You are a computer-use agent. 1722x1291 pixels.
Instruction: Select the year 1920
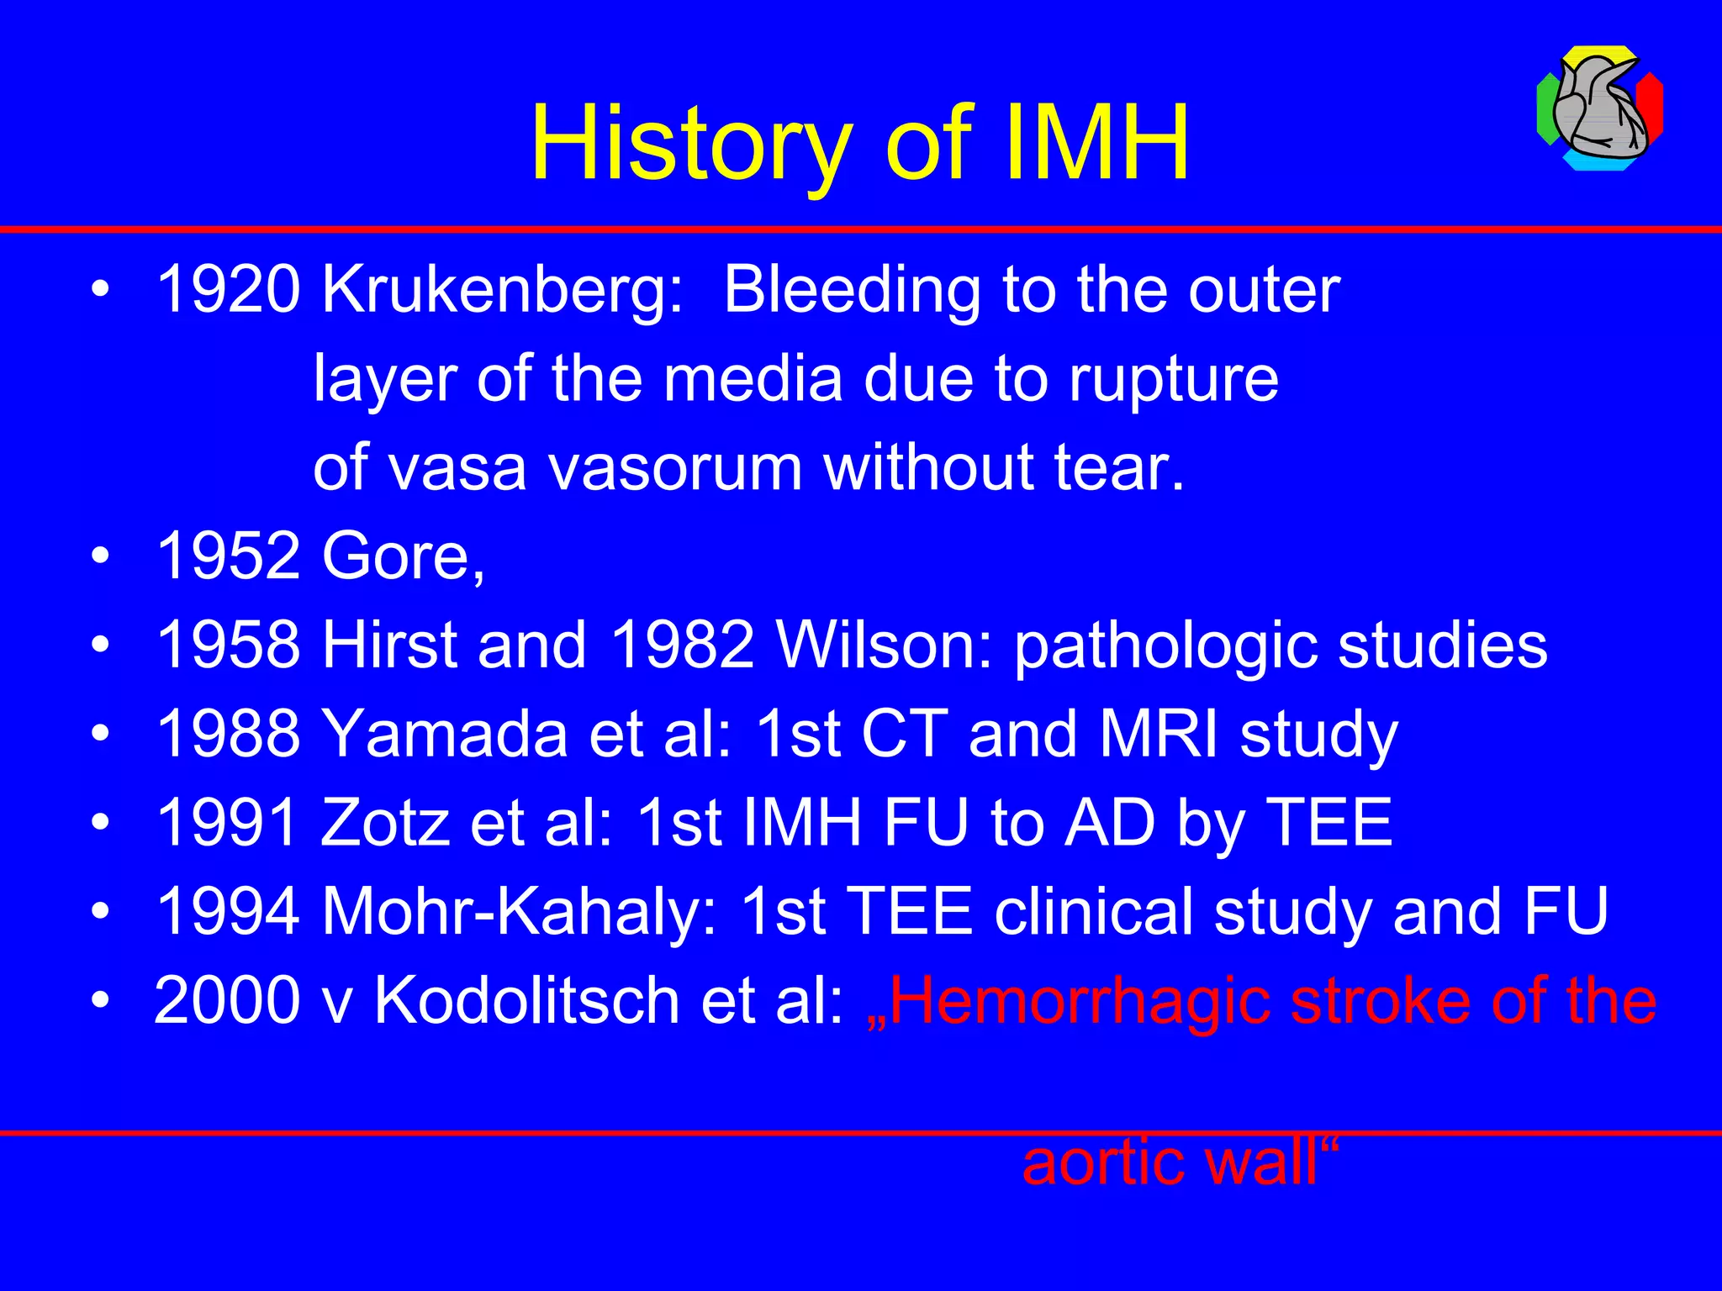[x=228, y=290]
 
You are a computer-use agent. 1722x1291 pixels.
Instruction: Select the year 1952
[x=228, y=556]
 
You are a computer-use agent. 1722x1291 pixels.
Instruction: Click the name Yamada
[x=446, y=734]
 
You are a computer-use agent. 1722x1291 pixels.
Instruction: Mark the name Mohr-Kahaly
[x=518, y=912]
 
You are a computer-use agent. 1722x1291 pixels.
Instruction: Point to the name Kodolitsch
[x=526, y=1001]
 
